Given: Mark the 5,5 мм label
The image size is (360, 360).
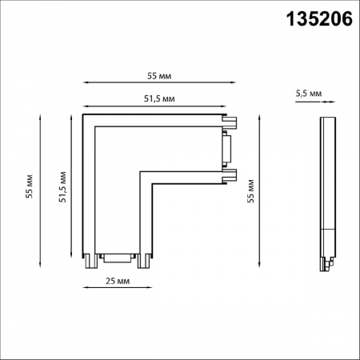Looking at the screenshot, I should click(308, 94).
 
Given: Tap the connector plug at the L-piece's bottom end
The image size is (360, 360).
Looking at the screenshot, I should click(118, 258).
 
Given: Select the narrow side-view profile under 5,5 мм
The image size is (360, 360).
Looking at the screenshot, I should click(326, 192).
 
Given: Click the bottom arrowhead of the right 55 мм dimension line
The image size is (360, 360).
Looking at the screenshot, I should click(258, 266).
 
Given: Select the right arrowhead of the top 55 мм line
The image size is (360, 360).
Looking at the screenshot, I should click(238, 83).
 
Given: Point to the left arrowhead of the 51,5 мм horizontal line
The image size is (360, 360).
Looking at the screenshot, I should click(84, 106).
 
